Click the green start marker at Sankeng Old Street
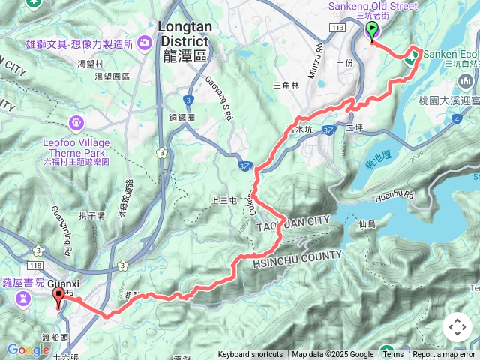(372, 31)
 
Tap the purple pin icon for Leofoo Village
(76, 122)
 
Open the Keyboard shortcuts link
(250, 355)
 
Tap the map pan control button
(457, 327)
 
